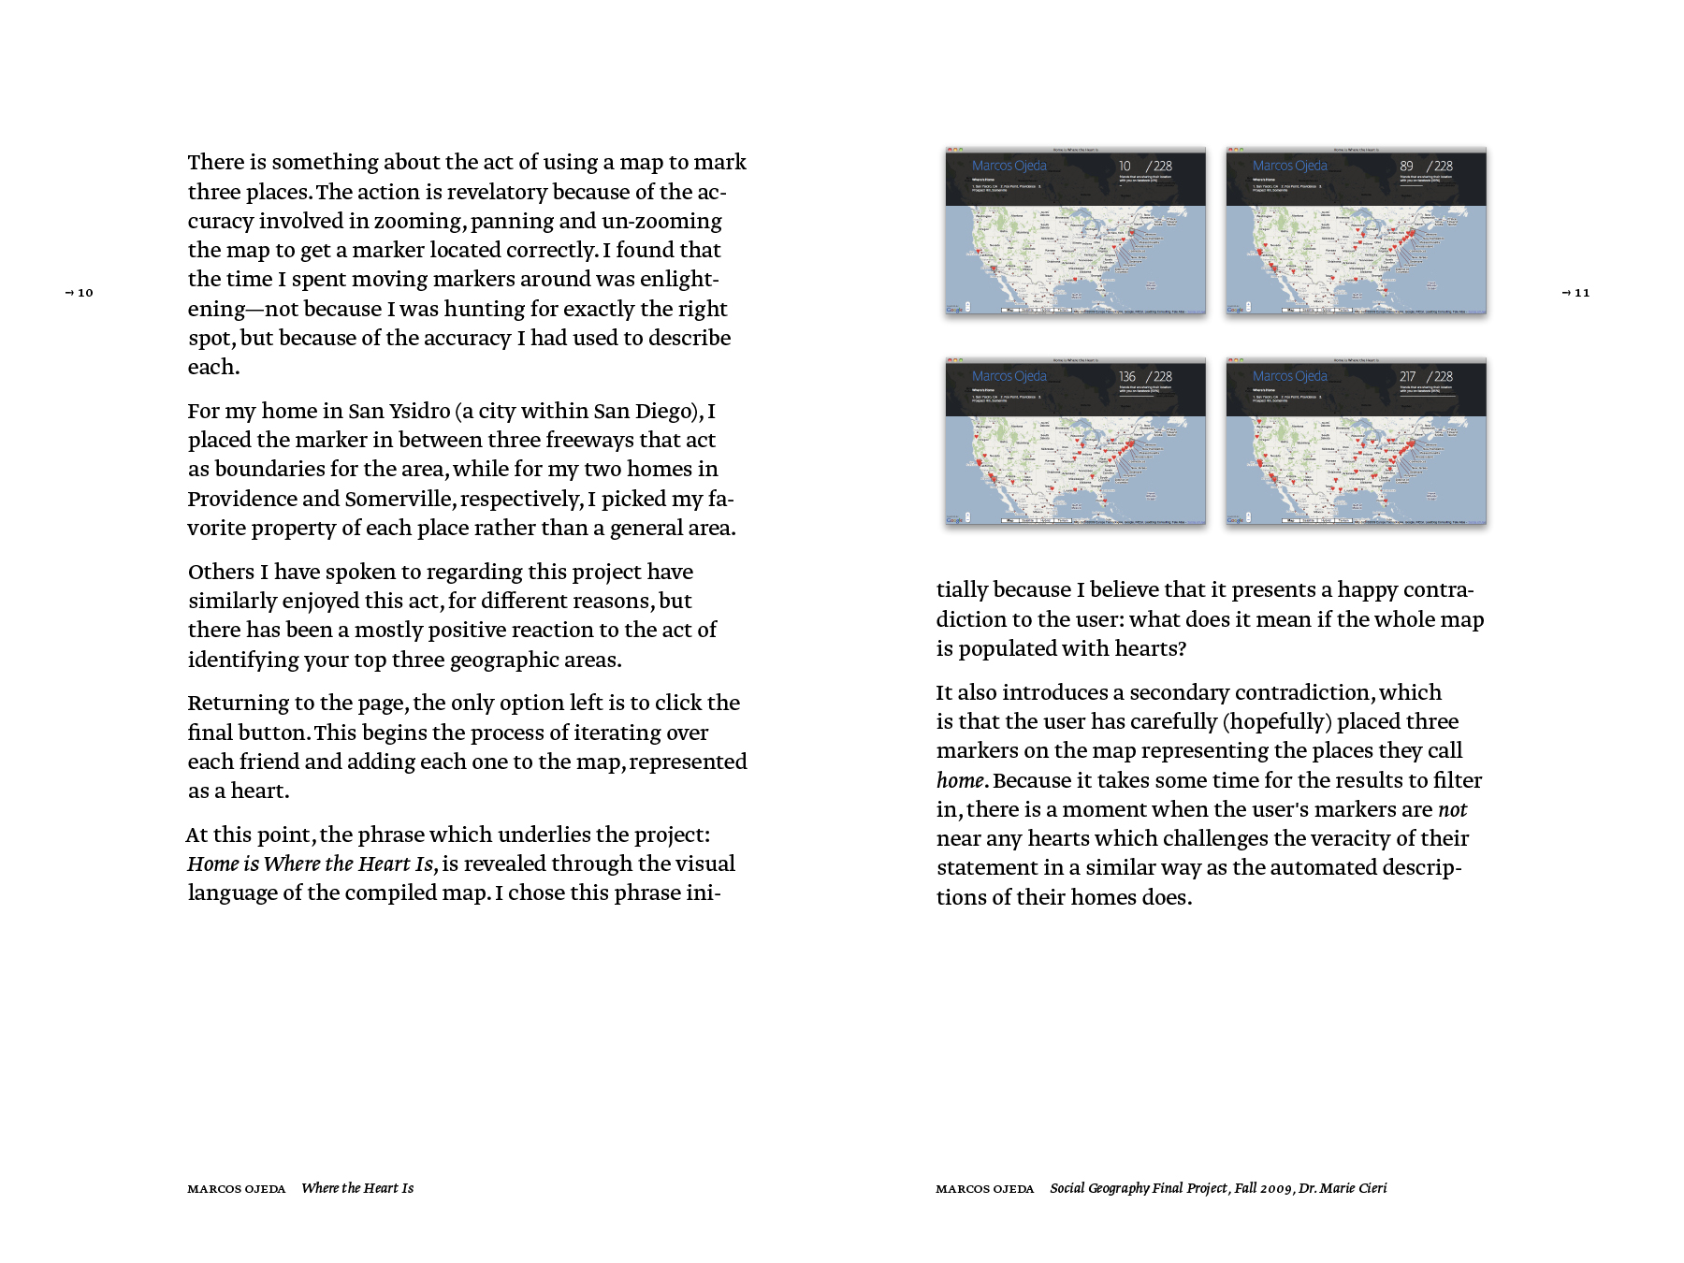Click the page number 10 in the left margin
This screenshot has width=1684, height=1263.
point(84,293)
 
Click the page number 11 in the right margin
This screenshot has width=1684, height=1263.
point(1581,293)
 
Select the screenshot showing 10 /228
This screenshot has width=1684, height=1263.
point(1075,231)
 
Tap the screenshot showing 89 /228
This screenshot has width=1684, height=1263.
point(1356,231)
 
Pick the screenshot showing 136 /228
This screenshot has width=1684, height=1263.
point(1075,442)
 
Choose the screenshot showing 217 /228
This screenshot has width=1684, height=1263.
point(1356,442)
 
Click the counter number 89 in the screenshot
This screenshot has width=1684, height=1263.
point(1406,167)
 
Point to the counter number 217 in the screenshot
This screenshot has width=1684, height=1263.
point(1407,377)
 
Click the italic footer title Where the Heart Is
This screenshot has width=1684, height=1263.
point(357,1188)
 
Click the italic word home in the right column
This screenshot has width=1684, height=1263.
point(960,781)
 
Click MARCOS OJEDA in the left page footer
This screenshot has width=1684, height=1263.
point(236,1189)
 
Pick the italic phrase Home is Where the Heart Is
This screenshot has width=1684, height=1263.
point(312,864)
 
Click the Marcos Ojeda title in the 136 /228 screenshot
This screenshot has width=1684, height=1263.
point(1009,376)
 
